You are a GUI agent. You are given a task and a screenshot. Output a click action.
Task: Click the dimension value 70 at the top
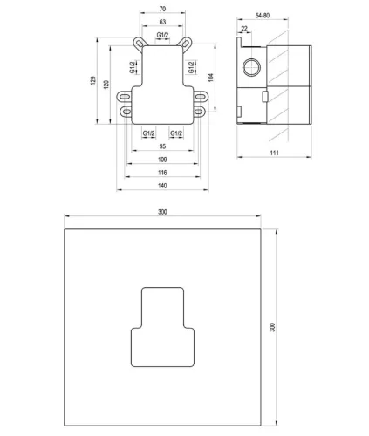(x=162, y=10)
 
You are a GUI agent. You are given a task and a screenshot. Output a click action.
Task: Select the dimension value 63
(x=162, y=24)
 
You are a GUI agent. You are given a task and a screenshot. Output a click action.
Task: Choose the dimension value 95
(x=162, y=146)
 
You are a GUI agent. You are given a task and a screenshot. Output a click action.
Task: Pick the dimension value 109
(x=162, y=160)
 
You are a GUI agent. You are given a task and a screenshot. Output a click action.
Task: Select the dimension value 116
(x=162, y=173)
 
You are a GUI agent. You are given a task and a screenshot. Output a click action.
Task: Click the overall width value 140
(x=162, y=186)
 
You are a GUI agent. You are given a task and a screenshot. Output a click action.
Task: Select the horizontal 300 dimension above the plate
(x=162, y=212)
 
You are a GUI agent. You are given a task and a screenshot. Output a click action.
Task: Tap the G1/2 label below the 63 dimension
(x=162, y=36)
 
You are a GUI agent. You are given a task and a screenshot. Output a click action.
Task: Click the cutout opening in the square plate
(x=162, y=327)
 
